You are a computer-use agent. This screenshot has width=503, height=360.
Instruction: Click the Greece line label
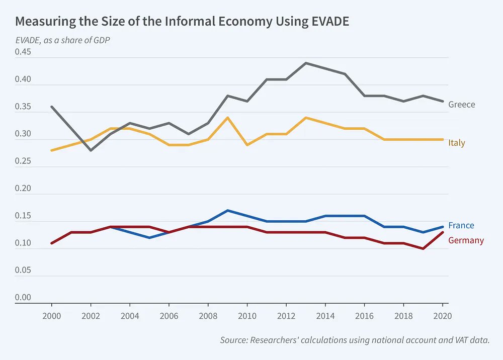(x=461, y=105)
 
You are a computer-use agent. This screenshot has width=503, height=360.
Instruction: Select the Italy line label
(x=457, y=143)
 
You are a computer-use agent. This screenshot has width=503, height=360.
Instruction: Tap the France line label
(x=461, y=225)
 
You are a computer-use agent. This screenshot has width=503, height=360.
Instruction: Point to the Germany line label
(x=466, y=240)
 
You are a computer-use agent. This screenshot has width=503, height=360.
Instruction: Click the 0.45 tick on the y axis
(x=23, y=52)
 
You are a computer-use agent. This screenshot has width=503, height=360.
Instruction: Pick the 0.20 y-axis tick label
(x=23, y=189)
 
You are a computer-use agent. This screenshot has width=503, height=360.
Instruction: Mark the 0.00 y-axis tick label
(x=23, y=297)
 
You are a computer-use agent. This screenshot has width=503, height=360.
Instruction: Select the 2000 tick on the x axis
(x=51, y=316)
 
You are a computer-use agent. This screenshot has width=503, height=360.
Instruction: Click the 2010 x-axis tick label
(x=247, y=316)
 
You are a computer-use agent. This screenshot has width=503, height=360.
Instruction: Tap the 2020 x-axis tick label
(x=443, y=316)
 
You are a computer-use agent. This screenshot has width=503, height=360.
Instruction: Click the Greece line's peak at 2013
(x=306, y=63)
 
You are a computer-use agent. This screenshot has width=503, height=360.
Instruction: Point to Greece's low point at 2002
(x=91, y=150)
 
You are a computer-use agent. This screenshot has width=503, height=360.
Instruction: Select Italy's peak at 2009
(x=227, y=118)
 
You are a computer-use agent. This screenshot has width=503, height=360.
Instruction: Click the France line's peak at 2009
(x=227, y=210)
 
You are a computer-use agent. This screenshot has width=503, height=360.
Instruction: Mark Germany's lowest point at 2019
(x=423, y=248)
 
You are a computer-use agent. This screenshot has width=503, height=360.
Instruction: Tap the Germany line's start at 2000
(x=52, y=243)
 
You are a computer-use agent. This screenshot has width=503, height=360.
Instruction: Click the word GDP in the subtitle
(x=101, y=40)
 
